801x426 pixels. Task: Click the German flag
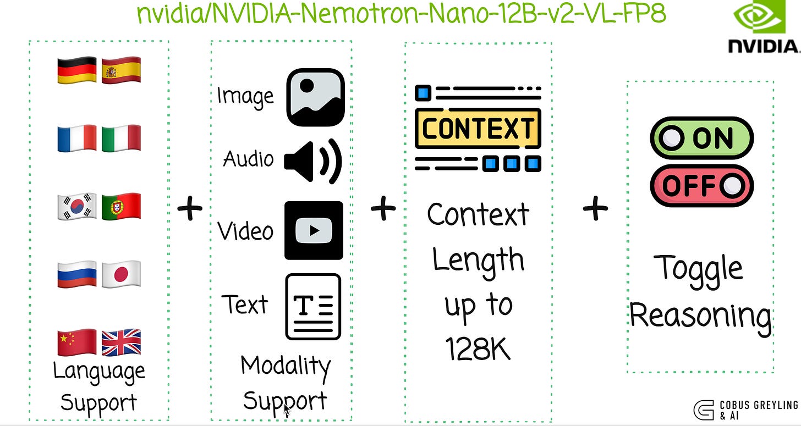77,70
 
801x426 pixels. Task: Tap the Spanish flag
121,70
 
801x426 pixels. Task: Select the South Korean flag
77,206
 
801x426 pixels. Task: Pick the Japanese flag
121,274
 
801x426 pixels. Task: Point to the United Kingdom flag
121,342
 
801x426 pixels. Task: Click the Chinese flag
77,342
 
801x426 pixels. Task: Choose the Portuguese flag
121,206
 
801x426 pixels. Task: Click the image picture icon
315,97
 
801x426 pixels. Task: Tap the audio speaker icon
313,161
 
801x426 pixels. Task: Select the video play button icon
314,230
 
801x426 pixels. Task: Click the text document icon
313,306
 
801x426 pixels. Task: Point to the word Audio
248,159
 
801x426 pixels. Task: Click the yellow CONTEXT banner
478,129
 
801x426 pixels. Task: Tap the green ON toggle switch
701,138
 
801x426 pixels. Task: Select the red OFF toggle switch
701,186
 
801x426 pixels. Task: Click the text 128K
478,347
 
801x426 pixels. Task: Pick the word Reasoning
700,316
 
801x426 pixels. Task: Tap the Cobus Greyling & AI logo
745,410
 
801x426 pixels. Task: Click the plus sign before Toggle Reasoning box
595,208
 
